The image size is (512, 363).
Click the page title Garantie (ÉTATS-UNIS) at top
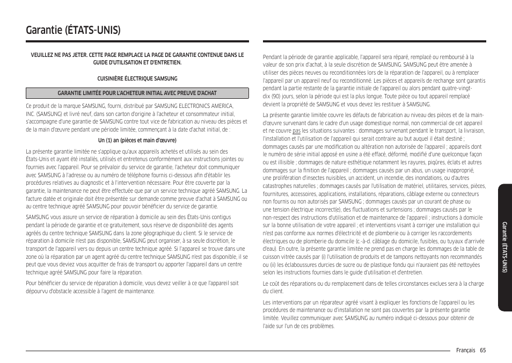73,29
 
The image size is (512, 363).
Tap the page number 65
483,350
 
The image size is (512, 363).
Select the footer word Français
465,350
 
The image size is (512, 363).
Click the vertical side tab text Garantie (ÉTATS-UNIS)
504,247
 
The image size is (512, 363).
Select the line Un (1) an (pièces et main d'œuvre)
137,141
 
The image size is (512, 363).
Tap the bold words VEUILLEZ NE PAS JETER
59,55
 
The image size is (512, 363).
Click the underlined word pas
296,130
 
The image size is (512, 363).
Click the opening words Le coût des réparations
290,284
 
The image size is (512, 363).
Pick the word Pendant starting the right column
272,57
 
